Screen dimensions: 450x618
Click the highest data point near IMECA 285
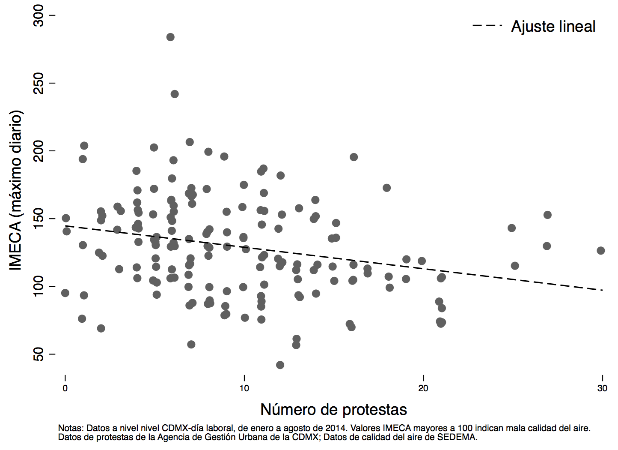(170, 37)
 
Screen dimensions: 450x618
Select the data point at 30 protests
(601, 251)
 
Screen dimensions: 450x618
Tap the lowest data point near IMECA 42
(280, 365)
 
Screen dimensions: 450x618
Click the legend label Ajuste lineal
(553, 27)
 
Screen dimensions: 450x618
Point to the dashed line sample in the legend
(487, 26)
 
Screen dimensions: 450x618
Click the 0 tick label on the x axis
(65, 388)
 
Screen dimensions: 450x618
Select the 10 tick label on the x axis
(244, 388)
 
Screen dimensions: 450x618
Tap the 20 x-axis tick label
(423, 388)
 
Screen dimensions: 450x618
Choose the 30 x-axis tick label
(602, 388)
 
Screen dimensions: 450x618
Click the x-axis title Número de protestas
(333, 410)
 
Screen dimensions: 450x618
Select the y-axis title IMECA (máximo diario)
(16, 190)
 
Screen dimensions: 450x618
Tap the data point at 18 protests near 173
(386, 188)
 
